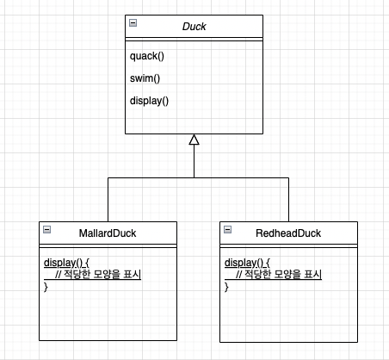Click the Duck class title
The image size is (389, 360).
tap(194, 27)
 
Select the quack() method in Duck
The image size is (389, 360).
tap(147, 56)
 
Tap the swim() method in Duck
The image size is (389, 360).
tap(145, 78)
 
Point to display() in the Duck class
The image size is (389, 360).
tap(149, 101)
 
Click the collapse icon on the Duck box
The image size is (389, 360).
tap(133, 22)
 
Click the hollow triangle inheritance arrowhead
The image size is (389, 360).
tap(194, 140)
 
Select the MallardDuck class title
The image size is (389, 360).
tap(108, 233)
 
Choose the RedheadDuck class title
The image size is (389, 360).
tap(288, 233)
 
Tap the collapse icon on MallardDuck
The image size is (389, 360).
tap(47, 229)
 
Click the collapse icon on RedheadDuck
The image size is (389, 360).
tap(228, 229)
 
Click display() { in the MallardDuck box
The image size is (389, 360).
tap(66, 263)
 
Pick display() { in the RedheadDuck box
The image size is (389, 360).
tap(247, 263)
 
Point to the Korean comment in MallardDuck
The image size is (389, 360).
tap(98, 274)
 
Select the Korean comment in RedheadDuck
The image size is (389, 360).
tap(279, 274)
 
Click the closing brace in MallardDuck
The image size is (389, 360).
tap(46, 287)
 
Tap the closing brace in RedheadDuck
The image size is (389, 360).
tap(226, 287)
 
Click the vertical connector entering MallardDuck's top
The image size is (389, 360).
tap(108, 200)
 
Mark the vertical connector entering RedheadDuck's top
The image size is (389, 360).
tap(288, 200)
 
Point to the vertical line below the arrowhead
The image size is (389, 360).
tap(194, 161)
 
